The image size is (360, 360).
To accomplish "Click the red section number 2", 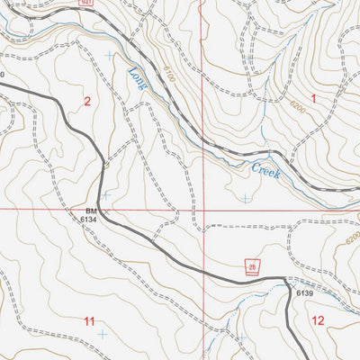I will [x=87, y=102].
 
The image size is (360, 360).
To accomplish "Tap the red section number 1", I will [x=314, y=97].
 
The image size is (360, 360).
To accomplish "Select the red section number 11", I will [x=89, y=321].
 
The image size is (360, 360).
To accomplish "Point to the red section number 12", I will [x=318, y=320].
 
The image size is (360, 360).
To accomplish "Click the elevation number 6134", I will [x=87, y=219].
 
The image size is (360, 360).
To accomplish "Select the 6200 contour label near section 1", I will [x=297, y=106].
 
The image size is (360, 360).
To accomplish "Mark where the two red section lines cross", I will [x=202, y=209].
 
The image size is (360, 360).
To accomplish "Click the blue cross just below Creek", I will [x=246, y=198].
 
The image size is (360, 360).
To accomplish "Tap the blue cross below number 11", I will [x=101, y=335].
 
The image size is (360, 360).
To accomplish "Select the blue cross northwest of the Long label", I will [x=110, y=56].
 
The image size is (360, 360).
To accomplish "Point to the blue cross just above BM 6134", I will [x=105, y=194].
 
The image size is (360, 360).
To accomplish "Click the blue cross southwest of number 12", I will [x=241, y=337].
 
